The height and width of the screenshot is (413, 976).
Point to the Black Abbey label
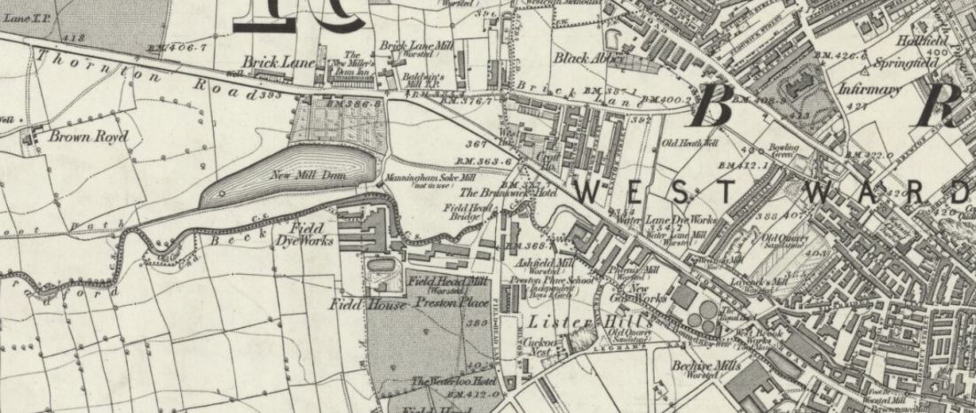(589, 59)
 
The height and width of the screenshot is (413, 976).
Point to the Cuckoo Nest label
(540, 346)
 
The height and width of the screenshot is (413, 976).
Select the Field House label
(369, 304)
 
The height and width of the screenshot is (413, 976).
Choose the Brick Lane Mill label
(411, 45)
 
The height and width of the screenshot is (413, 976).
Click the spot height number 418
(75, 38)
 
